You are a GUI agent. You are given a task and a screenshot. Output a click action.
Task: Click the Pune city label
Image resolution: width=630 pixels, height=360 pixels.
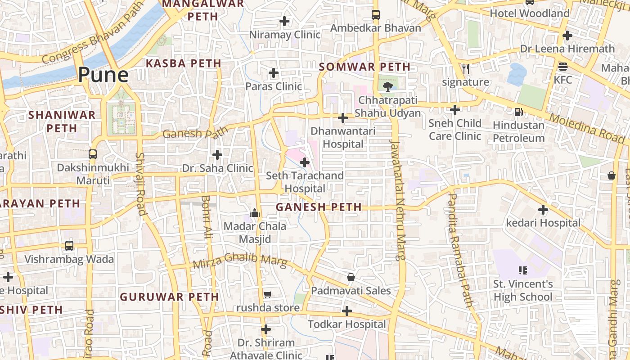pyautogui.click(x=103, y=74)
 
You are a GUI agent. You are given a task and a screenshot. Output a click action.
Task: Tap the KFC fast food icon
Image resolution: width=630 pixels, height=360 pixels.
pyautogui.click(x=562, y=67)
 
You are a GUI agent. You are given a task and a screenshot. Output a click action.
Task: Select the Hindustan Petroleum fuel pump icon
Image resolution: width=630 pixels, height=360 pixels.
pyautogui.click(x=518, y=112)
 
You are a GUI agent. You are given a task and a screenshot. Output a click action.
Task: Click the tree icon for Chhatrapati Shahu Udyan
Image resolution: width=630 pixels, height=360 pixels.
pyautogui.click(x=387, y=86)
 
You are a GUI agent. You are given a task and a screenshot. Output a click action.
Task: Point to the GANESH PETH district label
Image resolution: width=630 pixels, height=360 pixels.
pyautogui.click(x=319, y=207)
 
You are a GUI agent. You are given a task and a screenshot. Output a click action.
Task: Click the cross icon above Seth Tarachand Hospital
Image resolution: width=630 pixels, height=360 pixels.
pyautogui.click(x=305, y=162)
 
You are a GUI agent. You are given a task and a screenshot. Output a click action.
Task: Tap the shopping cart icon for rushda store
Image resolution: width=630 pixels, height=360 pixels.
pyautogui.click(x=268, y=295)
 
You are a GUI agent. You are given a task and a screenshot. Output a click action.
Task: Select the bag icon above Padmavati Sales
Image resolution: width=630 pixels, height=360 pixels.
pyautogui.click(x=351, y=277)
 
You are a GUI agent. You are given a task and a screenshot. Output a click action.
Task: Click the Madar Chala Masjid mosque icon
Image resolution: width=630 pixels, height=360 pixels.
pyautogui.click(x=255, y=213)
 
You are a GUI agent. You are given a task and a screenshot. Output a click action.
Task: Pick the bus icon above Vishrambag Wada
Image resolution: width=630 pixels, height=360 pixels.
pyautogui.click(x=69, y=246)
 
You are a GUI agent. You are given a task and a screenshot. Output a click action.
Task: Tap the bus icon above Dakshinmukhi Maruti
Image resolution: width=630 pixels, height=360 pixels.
pyautogui.click(x=93, y=154)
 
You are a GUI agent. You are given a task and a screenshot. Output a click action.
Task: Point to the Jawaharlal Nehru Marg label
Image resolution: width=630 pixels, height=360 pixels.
pyautogui.click(x=397, y=200)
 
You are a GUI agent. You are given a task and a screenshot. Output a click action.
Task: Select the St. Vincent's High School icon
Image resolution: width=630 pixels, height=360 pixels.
pyautogui.click(x=522, y=270)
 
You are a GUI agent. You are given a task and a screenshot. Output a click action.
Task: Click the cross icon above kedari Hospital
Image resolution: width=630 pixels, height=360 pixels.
pyautogui.click(x=543, y=209)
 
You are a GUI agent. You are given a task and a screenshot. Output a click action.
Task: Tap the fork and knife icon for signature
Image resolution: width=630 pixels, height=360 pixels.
pyautogui.click(x=466, y=68)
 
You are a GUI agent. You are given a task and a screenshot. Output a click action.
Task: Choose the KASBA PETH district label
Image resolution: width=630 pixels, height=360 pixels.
pyautogui.click(x=184, y=63)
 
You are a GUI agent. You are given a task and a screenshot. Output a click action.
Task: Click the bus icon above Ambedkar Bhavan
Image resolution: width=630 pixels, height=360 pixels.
pyautogui.click(x=376, y=14)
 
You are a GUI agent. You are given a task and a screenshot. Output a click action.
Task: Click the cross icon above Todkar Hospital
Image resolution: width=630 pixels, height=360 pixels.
pyautogui.click(x=346, y=311)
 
